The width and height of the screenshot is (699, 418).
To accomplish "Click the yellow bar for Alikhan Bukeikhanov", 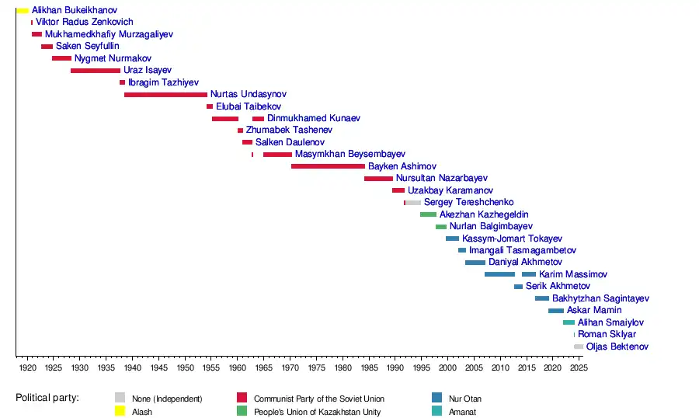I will pos(23,11).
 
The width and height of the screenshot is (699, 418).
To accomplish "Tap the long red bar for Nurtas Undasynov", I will pos(165,95).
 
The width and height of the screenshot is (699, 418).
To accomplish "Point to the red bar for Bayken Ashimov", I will pos(328,166).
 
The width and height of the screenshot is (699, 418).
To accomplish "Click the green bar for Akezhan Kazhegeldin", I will pos(428,214).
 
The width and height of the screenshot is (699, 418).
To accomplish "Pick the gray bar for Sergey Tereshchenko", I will pos(413,203).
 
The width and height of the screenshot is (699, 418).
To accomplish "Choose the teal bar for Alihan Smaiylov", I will pos(569,322).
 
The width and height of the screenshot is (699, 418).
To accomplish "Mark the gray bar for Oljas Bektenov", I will pos(579,347).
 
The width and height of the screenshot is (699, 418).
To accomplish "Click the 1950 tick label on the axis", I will pos(185,367).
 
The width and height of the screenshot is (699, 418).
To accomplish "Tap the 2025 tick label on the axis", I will pos(579,367).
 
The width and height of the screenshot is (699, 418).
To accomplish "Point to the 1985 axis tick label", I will pos(369,367).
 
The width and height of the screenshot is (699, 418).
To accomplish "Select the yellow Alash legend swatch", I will pos(120,412).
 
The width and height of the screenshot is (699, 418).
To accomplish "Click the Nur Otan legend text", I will pos(464,399).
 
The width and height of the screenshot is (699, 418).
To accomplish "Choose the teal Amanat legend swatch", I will pos(436,412).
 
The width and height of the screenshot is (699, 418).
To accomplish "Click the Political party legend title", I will pos(47,398).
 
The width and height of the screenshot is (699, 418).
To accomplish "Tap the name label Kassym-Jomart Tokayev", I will pos(512,239).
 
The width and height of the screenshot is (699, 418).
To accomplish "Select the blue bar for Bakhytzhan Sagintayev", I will pos(541,298).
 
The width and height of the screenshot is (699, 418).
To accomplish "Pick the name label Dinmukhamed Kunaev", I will pos(314,119).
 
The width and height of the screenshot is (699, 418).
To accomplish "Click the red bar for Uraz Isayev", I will pos(96,71).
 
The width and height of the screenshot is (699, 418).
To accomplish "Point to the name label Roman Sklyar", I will pos(607,335).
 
